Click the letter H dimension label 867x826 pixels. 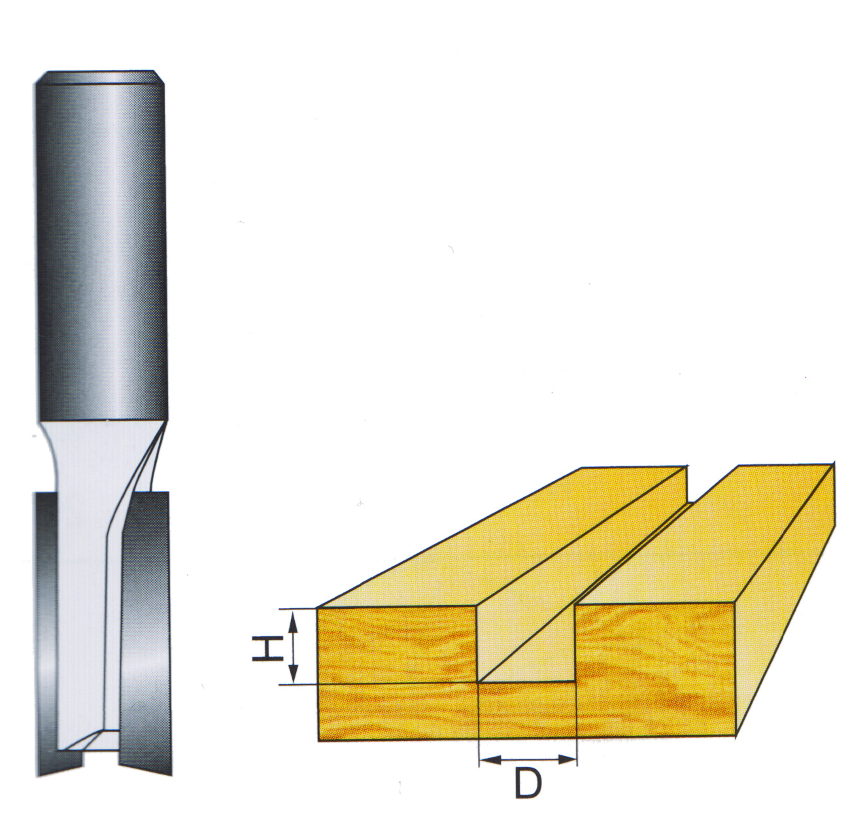pos(267,647)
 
